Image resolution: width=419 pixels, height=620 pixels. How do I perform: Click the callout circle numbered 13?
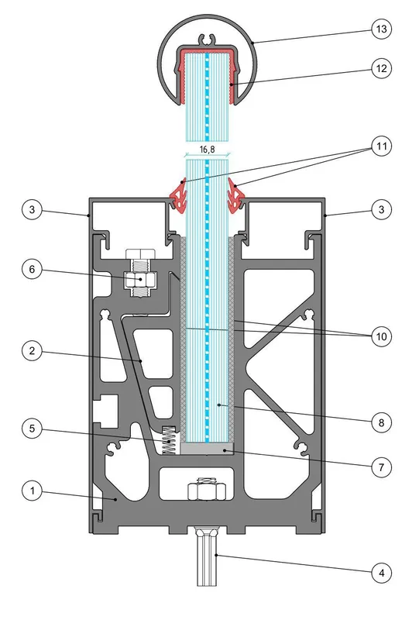point(382,29)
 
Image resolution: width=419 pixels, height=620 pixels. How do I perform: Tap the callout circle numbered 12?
point(382,68)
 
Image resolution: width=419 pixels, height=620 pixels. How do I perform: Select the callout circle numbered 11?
point(382,146)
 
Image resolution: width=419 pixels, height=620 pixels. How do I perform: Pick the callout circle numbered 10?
point(382,336)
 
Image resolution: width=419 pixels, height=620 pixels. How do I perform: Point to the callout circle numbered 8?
point(382,422)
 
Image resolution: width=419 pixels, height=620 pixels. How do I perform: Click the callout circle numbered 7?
point(382,467)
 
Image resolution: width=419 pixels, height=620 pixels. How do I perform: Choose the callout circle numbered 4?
point(382,573)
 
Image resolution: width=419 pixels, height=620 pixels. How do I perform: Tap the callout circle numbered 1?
point(32,491)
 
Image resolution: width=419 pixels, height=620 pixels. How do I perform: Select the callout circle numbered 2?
point(32,350)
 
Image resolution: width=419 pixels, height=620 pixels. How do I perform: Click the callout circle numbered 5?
point(32,429)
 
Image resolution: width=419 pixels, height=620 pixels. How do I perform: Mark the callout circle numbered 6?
point(32,269)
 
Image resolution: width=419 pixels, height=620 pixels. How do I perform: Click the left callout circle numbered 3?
point(32,209)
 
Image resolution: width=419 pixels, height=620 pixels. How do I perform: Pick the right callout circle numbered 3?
point(382,209)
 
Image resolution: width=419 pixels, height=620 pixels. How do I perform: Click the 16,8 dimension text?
point(207,150)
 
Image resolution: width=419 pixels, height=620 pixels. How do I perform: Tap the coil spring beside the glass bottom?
point(170,440)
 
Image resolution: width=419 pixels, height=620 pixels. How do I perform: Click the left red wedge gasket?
point(179,196)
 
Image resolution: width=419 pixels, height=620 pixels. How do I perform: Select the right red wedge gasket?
point(236,196)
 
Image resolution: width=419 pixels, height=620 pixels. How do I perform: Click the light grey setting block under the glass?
point(207,449)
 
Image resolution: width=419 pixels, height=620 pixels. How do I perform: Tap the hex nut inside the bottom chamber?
point(207,491)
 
